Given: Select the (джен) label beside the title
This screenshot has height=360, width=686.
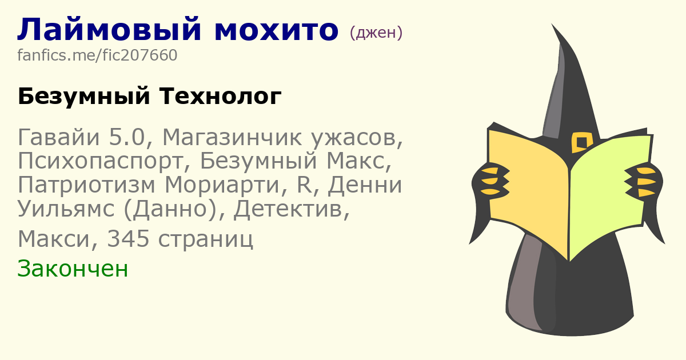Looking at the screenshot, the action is click(376, 33).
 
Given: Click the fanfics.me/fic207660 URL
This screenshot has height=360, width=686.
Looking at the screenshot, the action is click(97, 55).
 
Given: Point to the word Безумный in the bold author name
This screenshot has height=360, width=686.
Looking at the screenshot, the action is click(84, 97).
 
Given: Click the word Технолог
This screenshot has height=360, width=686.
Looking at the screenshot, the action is click(220, 96).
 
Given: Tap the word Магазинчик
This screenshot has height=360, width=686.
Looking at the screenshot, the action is click(232, 137).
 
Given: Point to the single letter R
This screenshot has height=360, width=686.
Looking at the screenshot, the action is click(304, 185).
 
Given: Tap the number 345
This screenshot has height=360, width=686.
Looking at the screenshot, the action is click(128, 239).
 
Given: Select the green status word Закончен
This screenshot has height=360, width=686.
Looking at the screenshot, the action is click(73, 269).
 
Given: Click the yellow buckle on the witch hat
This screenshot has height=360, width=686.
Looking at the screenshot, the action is click(582, 142).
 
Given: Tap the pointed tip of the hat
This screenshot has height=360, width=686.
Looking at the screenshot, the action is click(552, 25).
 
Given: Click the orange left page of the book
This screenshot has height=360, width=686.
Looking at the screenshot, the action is click(527, 190).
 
